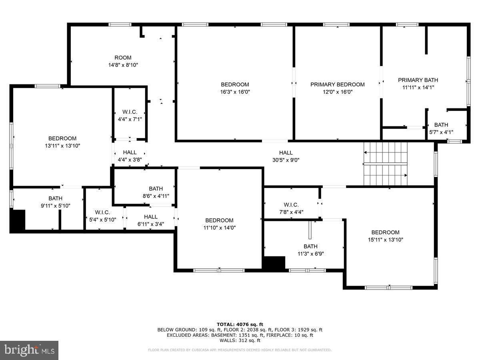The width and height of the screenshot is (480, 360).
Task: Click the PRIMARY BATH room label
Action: (418, 80)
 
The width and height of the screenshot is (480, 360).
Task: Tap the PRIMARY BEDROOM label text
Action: (337, 84)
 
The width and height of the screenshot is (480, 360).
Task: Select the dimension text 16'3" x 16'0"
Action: (235, 92)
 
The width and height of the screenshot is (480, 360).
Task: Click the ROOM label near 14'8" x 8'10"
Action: (123, 58)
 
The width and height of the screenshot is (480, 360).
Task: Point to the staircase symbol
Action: (385, 164)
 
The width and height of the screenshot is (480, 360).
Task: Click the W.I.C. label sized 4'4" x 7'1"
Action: (130, 112)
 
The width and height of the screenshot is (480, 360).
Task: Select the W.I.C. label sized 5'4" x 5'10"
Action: (102, 212)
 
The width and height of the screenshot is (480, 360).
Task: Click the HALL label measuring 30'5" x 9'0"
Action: (286, 152)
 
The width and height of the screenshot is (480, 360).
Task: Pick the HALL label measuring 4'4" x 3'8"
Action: (130, 152)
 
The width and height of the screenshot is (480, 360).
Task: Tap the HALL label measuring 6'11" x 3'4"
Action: (150, 217)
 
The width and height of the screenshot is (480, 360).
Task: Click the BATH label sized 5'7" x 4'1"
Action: (441, 125)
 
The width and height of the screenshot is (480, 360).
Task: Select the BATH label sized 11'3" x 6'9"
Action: (310, 246)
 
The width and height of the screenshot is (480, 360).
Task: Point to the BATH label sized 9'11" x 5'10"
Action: (55, 198)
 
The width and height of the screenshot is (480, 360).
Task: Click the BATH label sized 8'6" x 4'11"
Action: (156, 189)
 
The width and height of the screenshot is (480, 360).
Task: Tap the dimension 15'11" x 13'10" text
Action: (385, 240)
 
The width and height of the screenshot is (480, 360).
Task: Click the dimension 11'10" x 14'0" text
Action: (219, 228)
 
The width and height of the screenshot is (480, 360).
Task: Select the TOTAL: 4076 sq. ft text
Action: (240, 324)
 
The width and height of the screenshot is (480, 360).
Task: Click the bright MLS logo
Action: (29, 350)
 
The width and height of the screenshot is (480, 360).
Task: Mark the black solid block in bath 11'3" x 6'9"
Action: (274, 263)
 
